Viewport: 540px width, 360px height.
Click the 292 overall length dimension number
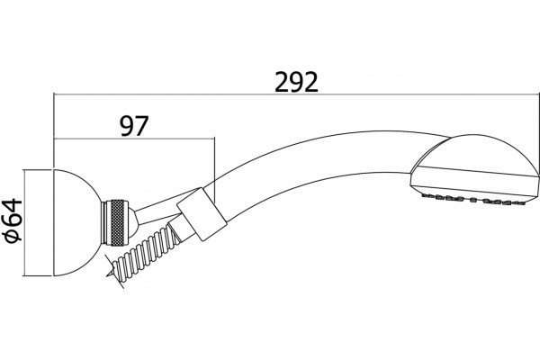pos(296,82)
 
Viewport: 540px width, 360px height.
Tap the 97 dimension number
pos(134,126)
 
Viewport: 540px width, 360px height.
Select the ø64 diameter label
pos(13,220)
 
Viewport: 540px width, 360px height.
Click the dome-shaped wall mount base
pos(76,222)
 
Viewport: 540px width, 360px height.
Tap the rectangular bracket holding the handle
pos(202,213)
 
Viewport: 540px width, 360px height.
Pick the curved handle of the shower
pos(310,166)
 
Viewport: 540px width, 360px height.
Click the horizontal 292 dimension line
pos(296,94)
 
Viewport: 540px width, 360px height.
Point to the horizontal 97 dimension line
pos(134,139)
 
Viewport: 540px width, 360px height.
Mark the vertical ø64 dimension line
pos(24,222)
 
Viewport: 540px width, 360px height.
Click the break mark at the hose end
pos(114,270)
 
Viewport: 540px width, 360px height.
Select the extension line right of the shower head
pos(539,134)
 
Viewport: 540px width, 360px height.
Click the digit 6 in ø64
pos(13,220)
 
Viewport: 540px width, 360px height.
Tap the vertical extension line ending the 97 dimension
pos(214,170)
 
